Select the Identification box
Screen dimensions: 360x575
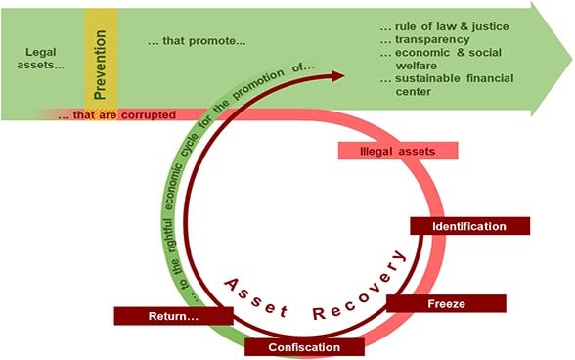(x=468, y=226)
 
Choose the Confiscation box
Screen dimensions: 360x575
(x=304, y=347)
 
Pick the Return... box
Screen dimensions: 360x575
(x=173, y=316)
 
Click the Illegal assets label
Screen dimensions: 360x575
(x=399, y=151)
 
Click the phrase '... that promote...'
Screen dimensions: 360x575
(x=196, y=42)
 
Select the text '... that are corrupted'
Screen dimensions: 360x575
(x=116, y=114)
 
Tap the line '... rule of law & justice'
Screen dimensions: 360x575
(x=431, y=24)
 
